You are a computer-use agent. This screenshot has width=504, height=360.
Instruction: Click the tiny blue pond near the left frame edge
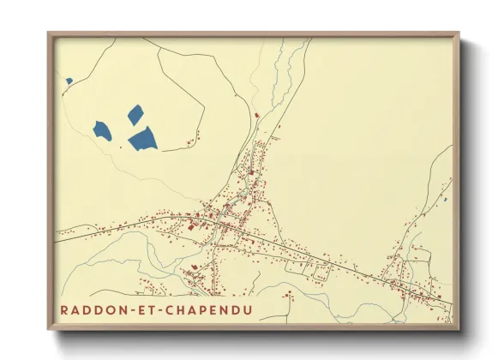[x=69, y=81]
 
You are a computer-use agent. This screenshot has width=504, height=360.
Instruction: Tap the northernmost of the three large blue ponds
[x=135, y=113]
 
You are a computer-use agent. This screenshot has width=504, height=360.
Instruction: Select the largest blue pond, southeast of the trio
[x=143, y=138]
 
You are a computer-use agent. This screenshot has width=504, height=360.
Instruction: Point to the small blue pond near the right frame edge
[x=445, y=201]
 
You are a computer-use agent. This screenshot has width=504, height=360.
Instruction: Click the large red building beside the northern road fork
[x=255, y=114]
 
